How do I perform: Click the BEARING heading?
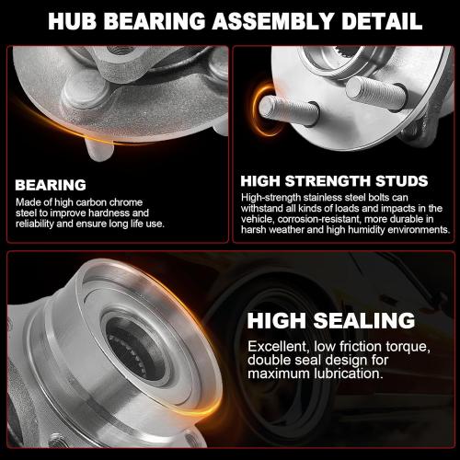coord(51,184)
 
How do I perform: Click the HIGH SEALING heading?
coord(332,320)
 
